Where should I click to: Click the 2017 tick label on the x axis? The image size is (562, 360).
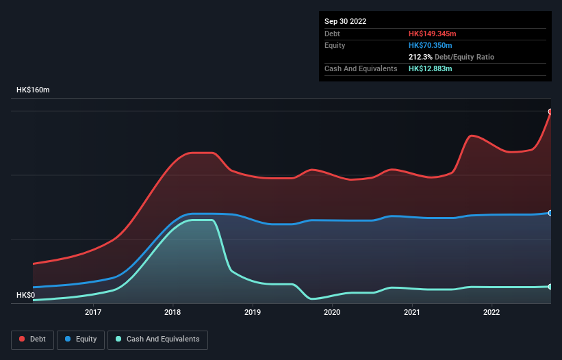click(x=93, y=313)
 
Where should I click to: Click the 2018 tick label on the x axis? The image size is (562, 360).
click(x=173, y=313)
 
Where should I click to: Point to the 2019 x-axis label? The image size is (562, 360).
click(x=253, y=313)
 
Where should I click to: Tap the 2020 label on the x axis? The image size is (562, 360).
click(x=332, y=313)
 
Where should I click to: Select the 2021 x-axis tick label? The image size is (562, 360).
click(x=412, y=313)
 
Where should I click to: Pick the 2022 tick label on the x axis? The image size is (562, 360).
click(x=491, y=313)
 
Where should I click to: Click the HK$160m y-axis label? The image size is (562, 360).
click(x=33, y=90)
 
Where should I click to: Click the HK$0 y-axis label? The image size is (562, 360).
click(x=25, y=295)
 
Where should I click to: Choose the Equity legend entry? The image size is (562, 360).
click(x=81, y=339)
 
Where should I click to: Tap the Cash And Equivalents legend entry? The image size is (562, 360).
click(x=157, y=339)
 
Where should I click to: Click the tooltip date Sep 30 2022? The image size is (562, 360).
click(x=345, y=21)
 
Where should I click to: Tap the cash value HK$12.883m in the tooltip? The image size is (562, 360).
click(x=430, y=68)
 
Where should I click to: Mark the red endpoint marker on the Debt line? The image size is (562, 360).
click(x=550, y=112)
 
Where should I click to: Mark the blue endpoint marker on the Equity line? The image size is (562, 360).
click(x=550, y=213)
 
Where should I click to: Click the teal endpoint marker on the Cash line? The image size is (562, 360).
click(x=550, y=286)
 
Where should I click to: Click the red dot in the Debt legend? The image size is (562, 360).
click(x=23, y=339)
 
